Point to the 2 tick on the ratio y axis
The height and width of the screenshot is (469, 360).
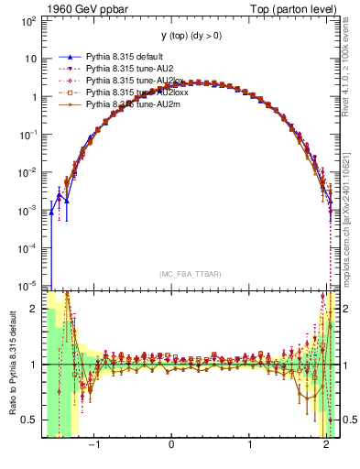[35, 309]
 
